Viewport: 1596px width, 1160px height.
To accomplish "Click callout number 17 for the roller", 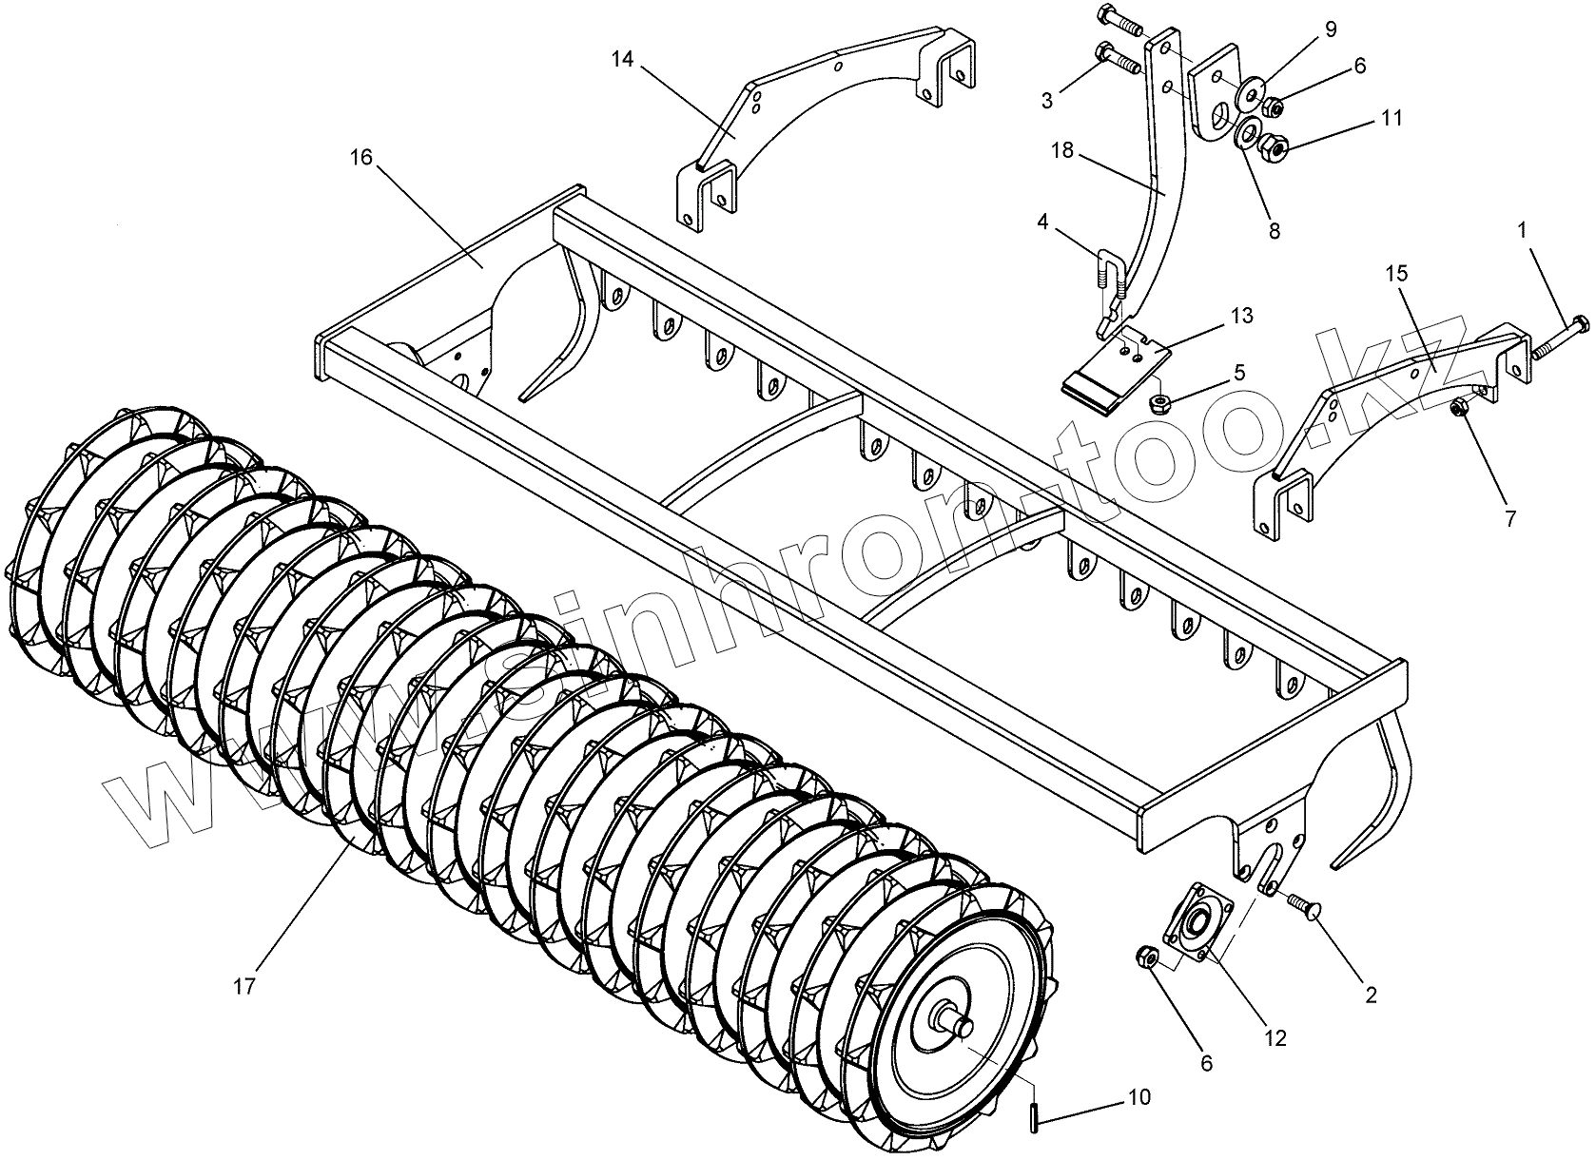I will (x=244, y=986).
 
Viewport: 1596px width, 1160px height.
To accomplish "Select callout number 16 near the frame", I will (x=361, y=158).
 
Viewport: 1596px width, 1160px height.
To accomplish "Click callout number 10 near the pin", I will (x=1139, y=1097).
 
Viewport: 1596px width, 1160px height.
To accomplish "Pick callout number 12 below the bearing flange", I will (x=1275, y=1038).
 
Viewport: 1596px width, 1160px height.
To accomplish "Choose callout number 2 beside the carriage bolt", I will (x=1371, y=995).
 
